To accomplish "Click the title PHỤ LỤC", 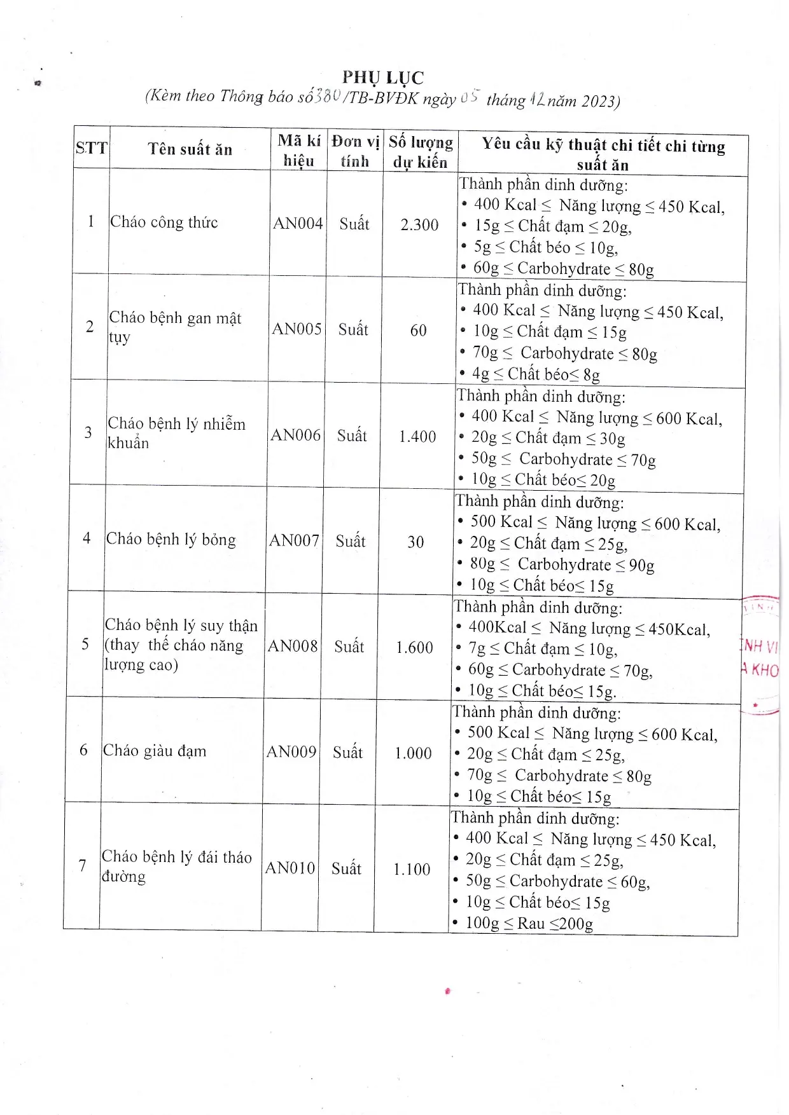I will pyautogui.click(x=382, y=78).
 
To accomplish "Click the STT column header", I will pyautogui.click(x=92, y=148).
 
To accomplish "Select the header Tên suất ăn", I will pyautogui.click(x=190, y=149).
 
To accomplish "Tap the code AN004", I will pyautogui.click(x=298, y=223).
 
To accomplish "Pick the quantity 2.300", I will pyautogui.click(x=419, y=224).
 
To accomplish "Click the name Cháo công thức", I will pyautogui.click(x=164, y=222).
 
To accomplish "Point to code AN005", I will pyautogui.click(x=297, y=329).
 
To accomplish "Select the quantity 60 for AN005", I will pyautogui.click(x=418, y=330).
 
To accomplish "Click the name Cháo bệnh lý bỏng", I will pyautogui.click(x=171, y=539).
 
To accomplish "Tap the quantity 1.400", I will pyautogui.click(x=417, y=436).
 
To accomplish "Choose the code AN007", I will pyautogui.click(x=294, y=540).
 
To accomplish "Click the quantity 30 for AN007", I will pyautogui.click(x=415, y=542).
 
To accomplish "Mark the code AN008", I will pyautogui.click(x=293, y=646).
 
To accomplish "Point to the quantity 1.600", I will pyautogui.click(x=414, y=647).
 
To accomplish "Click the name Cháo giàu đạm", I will pyautogui.click(x=155, y=751).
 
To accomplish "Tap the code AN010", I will pyautogui.click(x=290, y=868).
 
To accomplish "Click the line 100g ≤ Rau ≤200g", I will pyautogui.click(x=529, y=923).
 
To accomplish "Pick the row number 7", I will pyautogui.click(x=82, y=865).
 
